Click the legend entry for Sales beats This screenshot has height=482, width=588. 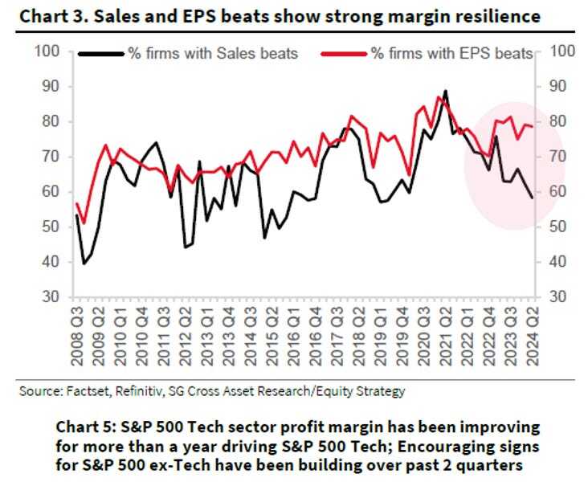[x=213, y=54]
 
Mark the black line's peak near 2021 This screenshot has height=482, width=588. [x=445, y=91]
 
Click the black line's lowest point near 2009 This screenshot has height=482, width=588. [x=84, y=263]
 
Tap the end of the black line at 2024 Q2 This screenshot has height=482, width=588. [x=531, y=198]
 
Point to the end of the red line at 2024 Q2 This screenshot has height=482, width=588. [x=531, y=126]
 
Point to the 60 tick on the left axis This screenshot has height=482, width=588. [x=53, y=192]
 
